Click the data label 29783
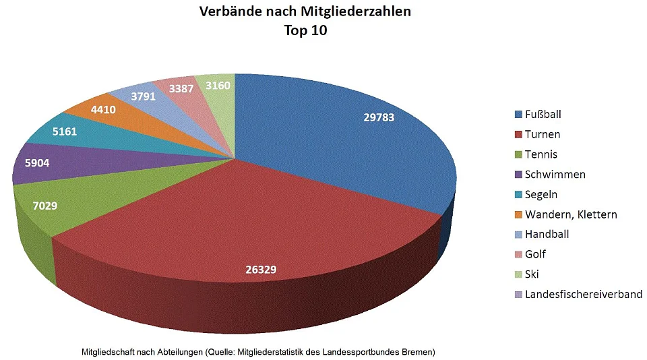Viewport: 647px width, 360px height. click(x=378, y=117)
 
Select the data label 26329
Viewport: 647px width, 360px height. click(x=260, y=270)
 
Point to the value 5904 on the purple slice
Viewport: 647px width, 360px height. click(x=37, y=162)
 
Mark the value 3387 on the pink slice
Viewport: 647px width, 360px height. click(x=182, y=88)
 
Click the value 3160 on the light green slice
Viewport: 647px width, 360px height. click(x=217, y=85)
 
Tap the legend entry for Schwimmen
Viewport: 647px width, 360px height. click(x=555, y=175)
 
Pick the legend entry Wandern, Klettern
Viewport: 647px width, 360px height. click(x=570, y=214)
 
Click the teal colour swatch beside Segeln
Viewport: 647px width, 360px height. click(x=518, y=195)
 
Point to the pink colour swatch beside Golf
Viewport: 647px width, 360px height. click(x=518, y=255)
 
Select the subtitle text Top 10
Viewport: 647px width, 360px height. click(x=305, y=30)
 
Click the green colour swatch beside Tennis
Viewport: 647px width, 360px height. click(x=518, y=155)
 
